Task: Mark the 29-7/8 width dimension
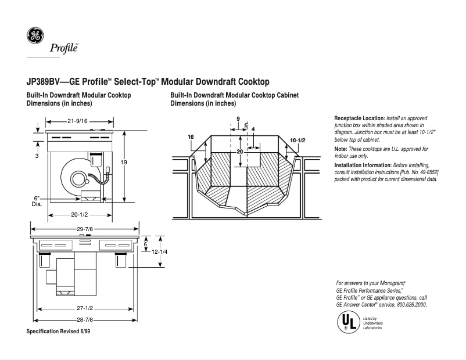pos(85,229)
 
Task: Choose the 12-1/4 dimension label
pos(167,252)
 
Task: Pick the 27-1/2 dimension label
pos(85,308)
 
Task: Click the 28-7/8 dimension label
pos(85,319)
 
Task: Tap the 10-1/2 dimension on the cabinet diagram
pos(297,141)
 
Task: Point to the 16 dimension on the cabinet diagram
pos(191,137)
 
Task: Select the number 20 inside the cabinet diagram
pos(239,151)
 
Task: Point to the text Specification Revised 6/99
pos(58,331)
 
